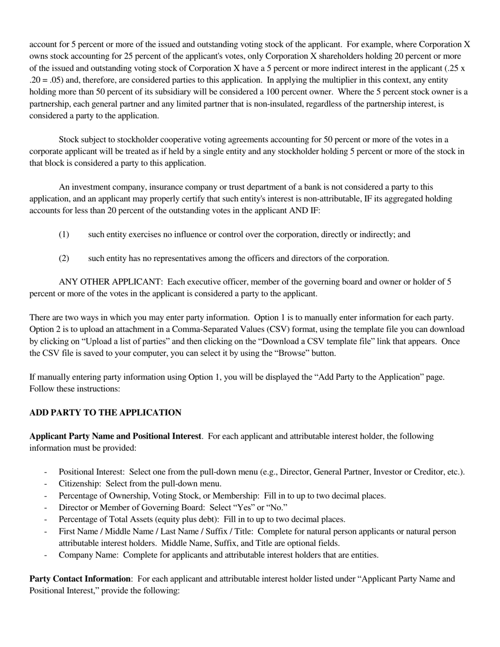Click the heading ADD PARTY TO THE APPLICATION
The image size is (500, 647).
click(105, 413)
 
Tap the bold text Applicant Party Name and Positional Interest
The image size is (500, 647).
click(115, 437)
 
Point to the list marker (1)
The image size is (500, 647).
click(64, 235)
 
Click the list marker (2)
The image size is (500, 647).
click(64, 258)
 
